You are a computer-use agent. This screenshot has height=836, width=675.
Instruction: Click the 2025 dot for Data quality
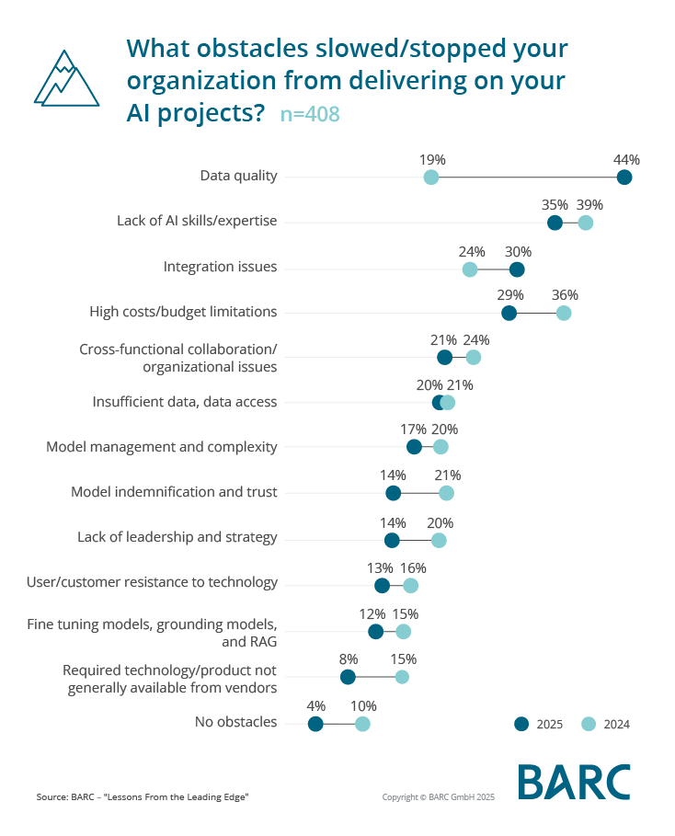click(x=624, y=178)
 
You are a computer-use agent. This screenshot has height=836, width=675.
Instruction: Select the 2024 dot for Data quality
click(x=430, y=178)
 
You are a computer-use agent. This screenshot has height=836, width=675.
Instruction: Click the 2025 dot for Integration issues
click(x=517, y=269)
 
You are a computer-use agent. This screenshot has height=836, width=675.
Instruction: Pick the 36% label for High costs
click(x=565, y=295)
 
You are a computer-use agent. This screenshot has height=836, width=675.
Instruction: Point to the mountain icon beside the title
click(x=66, y=78)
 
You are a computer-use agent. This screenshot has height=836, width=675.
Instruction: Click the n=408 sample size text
click(x=310, y=115)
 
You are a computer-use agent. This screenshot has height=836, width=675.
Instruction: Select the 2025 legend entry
click(x=538, y=724)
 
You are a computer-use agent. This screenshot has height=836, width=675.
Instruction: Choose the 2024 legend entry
click(x=606, y=724)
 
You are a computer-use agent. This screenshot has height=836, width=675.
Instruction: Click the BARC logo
click(x=574, y=782)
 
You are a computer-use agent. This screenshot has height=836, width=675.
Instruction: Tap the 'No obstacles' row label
click(x=235, y=722)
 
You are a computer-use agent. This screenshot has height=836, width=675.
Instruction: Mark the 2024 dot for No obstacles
click(x=362, y=724)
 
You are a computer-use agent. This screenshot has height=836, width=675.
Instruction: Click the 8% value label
click(x=348, y=659)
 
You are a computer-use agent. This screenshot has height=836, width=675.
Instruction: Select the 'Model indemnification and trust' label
click(x=174, y=492)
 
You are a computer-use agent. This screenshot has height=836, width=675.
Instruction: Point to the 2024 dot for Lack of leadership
click(x=439, y=540)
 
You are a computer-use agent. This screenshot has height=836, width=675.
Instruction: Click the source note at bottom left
click(x=143, y=796)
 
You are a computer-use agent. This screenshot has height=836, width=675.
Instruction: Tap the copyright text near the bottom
click(x=438, y=796)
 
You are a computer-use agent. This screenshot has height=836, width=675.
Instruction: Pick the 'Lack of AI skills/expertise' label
click(x=197, y=221)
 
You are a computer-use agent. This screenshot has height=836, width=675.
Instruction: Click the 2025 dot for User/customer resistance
click(x=383, y=586)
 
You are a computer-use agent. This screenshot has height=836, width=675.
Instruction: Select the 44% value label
click(x=626, y=160)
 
